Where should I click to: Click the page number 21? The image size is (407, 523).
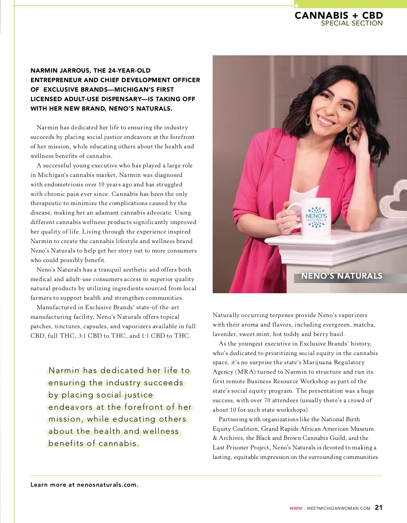[x=379, y=507]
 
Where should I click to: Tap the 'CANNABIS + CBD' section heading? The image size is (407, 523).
[x=338, y=15]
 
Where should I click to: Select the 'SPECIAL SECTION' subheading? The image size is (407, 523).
[x=352, y=23]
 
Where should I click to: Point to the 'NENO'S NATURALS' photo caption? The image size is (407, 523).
[x=342, y=276]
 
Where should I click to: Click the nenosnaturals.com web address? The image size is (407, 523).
[x=107, y=485]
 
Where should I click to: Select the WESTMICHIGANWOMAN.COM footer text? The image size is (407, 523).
[x=338, y=508]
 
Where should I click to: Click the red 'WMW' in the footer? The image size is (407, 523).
[x=295, y=508]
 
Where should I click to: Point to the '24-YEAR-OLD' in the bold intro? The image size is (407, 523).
[x=129, y=71]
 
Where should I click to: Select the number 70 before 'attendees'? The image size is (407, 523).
[x=267, y=400]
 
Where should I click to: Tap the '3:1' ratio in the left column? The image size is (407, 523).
[x=82, y=336]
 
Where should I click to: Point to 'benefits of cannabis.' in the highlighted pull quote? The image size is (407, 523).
[x=94, y=443]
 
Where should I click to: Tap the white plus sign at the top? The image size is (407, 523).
[x=296, y=6]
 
